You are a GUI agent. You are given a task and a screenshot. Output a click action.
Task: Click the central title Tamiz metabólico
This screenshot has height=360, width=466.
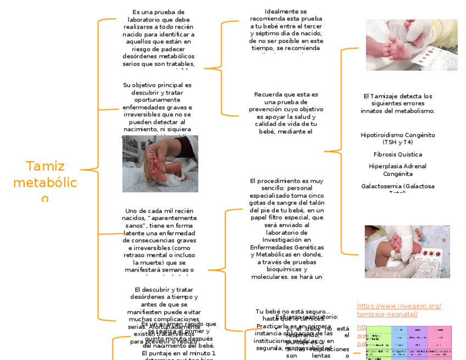(x=45, y=181)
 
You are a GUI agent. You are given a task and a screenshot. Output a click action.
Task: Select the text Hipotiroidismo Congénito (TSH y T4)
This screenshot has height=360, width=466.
(x=398, y=138)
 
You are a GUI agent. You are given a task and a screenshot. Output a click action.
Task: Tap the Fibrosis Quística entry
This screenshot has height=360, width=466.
(x=398, y=154)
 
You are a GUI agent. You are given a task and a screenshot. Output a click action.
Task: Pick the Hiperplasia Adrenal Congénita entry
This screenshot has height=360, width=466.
(x=398, y=170)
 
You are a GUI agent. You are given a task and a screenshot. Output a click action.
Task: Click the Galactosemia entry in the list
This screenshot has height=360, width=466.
(x=398, y=186)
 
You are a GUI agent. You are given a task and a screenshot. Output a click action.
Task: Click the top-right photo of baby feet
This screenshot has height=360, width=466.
(x=412, y=45)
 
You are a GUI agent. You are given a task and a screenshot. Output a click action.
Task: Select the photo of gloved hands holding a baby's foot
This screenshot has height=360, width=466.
(x=407, y=251)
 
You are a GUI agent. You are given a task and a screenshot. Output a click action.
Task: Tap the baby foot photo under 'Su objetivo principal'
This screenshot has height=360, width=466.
(x=160, y=163)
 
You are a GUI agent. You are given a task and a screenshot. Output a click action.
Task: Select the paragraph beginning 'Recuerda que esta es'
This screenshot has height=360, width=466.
(x=286, y=113)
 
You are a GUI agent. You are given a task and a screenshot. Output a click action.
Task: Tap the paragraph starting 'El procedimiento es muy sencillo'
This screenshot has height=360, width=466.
(x=286, y=228)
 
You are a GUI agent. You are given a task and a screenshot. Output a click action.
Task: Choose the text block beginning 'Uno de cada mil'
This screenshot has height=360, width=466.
(x=159, y=240)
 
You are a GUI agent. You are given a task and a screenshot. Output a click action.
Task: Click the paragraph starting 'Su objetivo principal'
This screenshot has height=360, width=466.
(x=158, y=107)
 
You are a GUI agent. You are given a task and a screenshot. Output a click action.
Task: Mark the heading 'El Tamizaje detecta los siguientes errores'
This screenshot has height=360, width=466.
(x=398, y=103)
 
